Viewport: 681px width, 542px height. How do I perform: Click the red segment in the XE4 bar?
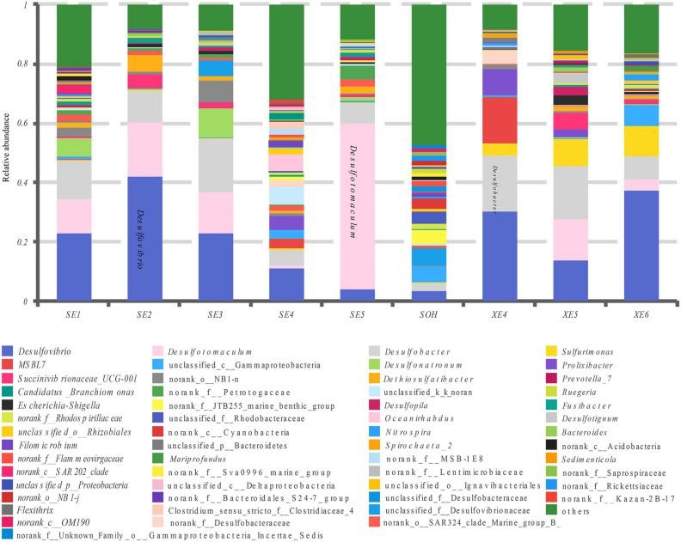point(500,120)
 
